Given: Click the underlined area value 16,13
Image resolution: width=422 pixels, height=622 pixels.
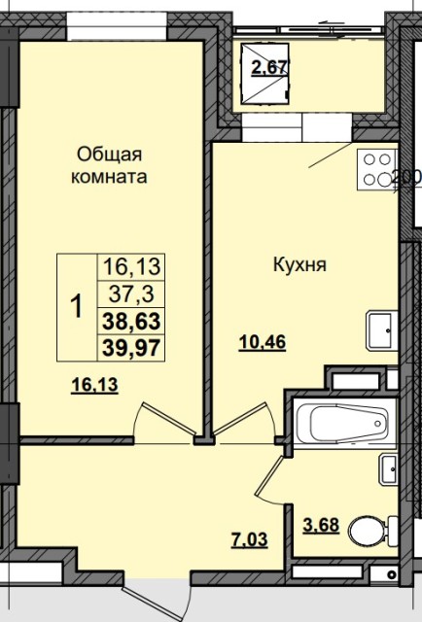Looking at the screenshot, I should click(x=94, y=385).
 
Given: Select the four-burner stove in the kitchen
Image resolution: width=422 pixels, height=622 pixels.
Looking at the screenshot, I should click(x=376, y=168).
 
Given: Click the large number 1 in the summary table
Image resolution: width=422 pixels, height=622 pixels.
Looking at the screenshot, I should click(x=76, y=307).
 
